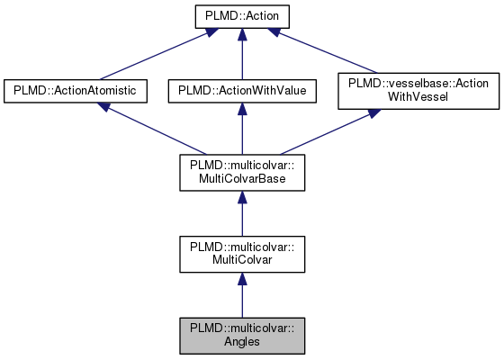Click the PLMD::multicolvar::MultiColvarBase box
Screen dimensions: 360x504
click(x=240, y=172)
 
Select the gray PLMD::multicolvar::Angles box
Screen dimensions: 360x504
click(x=240, y=335)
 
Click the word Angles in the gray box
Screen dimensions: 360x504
click(x=240, y=342)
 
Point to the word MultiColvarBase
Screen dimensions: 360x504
click(x=240, y=179)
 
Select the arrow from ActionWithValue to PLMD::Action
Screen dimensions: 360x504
click(x=240, y=54)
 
